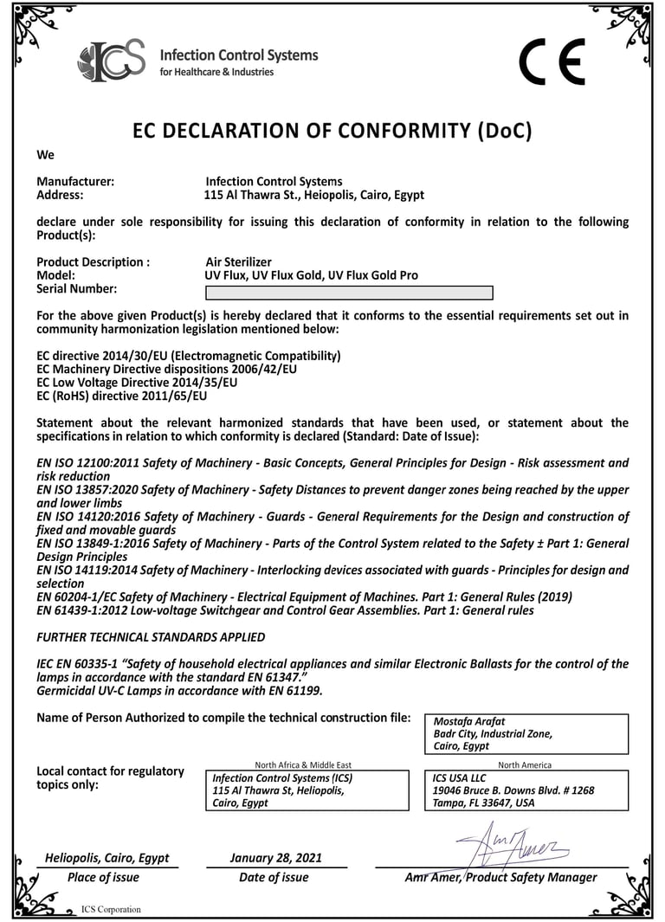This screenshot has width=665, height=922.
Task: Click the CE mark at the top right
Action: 552,62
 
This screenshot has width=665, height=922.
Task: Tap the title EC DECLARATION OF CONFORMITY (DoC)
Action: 332,131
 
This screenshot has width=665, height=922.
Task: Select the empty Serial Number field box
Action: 348,292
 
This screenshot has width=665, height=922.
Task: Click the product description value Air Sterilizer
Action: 238,262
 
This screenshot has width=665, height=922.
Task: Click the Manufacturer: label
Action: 75,182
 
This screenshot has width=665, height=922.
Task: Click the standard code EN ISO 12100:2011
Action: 86,463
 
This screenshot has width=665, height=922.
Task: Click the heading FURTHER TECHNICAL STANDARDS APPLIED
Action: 151,637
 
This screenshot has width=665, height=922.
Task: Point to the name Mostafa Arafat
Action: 468,721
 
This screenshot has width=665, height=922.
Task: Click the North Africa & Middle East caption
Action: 303,764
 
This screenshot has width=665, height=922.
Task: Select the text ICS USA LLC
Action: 460,777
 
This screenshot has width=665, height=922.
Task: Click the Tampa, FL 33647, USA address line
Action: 483,803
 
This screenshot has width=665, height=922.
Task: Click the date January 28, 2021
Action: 275,858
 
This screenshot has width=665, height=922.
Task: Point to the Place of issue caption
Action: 103,877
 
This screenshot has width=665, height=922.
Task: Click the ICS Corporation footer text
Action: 111,909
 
